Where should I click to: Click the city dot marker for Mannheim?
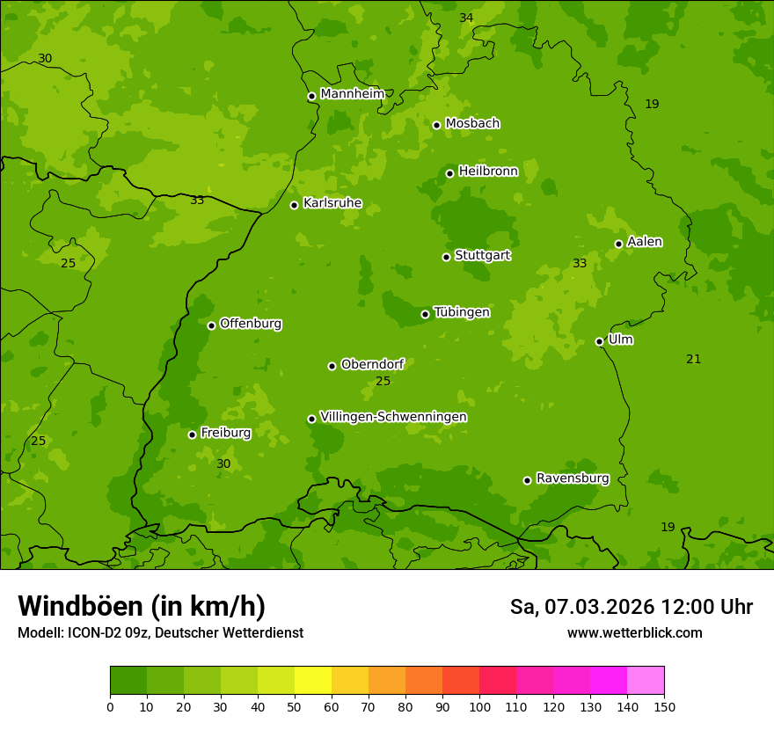pos(311,97)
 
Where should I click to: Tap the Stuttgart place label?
pos(482,255)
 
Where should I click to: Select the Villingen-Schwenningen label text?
pos(393,417)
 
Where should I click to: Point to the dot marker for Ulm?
pos(599,341)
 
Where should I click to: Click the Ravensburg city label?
pos(572,478)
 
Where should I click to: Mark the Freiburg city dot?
pos(192,434)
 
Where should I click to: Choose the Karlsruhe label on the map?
pos(332,203)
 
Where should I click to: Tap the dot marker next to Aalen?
pos(618,244)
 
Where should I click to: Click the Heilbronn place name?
pos(488,172)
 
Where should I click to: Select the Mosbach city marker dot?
pos(436,125)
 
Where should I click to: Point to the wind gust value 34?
pos(466,18)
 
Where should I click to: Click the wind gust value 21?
pos(693,359)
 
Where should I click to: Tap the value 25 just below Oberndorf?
pos(383,381)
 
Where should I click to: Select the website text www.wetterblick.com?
pos(634,632)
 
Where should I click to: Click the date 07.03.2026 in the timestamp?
pos(600,607)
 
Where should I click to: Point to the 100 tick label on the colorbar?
pos(479,706)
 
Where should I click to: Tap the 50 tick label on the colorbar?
pos(295,706)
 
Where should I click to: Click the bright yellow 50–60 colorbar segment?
pos(313,681)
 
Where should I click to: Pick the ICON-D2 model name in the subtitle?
pos(91,633)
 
